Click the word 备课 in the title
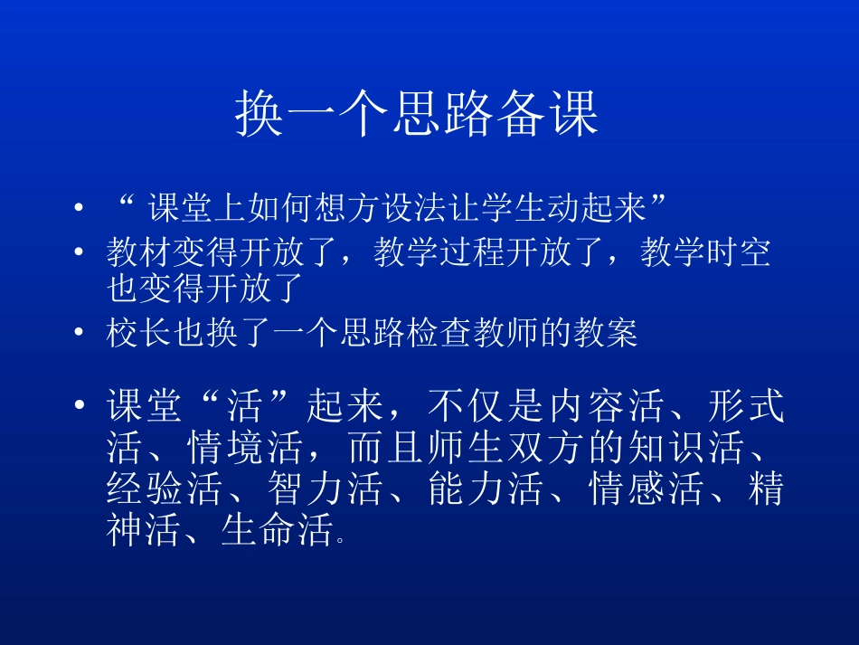click(x=548, y=114)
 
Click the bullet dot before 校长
click(x=80, y=334)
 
